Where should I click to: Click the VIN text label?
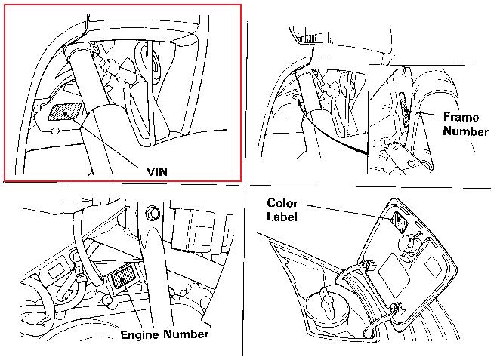[157, 172]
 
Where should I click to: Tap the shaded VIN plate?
[65, 112]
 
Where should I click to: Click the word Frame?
[461, 117]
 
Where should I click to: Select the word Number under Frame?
[465, 131]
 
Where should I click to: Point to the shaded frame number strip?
[404, 109]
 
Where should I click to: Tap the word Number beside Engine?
[186, 334]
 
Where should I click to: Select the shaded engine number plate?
[123, 276]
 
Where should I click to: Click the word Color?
[282, 203]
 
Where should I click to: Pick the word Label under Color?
[282, 217]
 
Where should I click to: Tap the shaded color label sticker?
[400, 222]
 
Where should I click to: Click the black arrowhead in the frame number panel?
[299, 103]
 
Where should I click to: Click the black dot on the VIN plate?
[65, 113]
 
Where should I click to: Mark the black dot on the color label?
[399, 219]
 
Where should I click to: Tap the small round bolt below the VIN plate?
[55, 131]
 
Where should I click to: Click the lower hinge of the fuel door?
[396, 308]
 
